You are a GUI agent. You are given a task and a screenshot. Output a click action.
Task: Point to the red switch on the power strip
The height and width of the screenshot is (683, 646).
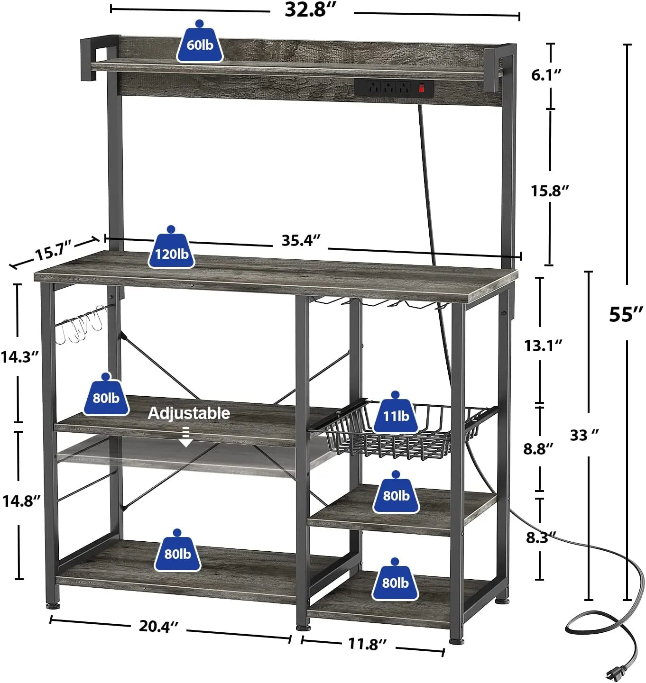421,88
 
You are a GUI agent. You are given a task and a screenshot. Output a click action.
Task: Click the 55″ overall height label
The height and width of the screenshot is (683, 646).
626,314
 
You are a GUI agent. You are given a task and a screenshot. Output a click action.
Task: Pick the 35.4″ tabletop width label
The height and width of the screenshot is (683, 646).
301,240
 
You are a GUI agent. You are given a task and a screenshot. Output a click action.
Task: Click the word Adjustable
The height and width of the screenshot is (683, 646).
189,413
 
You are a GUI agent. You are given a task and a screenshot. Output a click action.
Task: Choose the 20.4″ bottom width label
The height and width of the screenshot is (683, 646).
158,626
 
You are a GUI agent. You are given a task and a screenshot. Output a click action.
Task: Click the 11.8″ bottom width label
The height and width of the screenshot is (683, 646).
367,644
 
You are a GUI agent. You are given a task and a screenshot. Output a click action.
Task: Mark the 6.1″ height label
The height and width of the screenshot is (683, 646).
546,75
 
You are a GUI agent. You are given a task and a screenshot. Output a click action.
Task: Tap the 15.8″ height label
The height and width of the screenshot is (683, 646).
549,191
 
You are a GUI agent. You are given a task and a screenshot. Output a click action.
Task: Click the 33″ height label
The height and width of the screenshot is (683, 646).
584,435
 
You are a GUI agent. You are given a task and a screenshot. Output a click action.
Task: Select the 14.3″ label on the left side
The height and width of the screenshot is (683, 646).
19,356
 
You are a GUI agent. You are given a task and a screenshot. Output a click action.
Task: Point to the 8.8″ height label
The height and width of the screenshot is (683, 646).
538,448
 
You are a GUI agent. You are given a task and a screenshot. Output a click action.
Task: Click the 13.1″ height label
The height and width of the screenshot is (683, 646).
543,346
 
